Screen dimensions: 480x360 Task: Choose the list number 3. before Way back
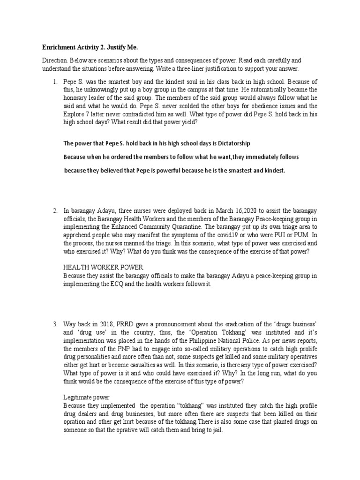[x=54, y=323]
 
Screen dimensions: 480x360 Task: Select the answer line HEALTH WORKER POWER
[x=100, y=267]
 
